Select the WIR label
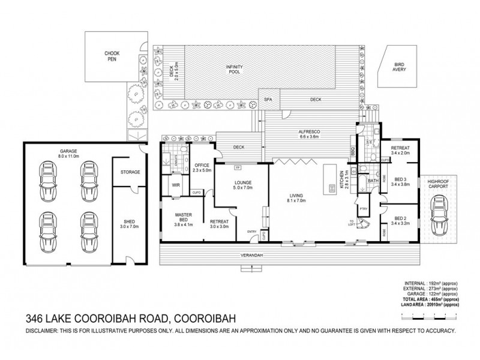pyautogui.click(x=176, y=185)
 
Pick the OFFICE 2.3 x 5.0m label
pyautogui.click(x=200, y=169)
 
